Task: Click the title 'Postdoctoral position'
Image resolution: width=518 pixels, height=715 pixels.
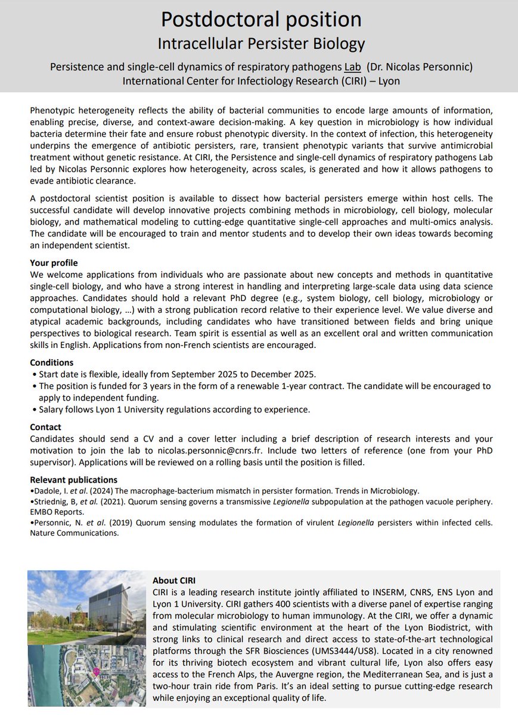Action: click(261, 20)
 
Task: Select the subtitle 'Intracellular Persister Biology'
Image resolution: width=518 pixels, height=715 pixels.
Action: click(261, 43)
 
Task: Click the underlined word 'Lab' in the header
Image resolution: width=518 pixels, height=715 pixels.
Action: click(353, 67)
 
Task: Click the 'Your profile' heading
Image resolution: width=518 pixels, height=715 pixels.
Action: click(54, 263)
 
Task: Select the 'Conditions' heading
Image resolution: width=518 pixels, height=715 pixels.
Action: click(52, 362)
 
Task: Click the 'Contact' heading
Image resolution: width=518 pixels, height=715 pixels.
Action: click(46, 427)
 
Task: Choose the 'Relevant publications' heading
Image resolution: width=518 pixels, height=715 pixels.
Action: click(74, 480)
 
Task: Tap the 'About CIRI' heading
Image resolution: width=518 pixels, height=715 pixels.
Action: click(174, 580)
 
